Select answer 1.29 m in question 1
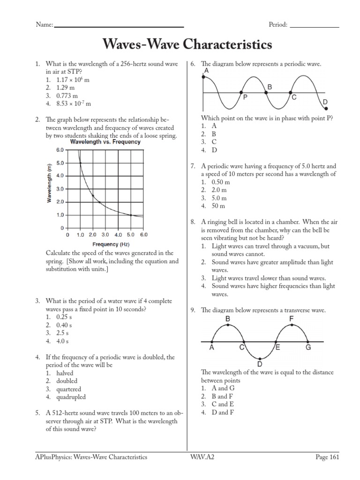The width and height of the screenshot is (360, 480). click(x=66, y=88)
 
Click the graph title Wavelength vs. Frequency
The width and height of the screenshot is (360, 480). click(x=105, y=142)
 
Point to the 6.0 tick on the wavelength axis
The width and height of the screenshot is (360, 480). click(x=60, y=150)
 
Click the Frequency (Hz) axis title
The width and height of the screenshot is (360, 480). click(x=111, y=244)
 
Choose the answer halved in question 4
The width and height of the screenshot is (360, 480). click(x=65, y=373)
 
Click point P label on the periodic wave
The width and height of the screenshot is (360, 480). click(x=245, y=97)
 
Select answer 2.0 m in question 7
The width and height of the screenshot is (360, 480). click(x=219, y=190)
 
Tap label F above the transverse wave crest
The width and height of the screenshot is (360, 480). click(x=291, y=319)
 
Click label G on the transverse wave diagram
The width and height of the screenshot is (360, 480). click(x=308, y=348)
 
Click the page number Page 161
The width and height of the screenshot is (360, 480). click(x=327, y=457)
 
